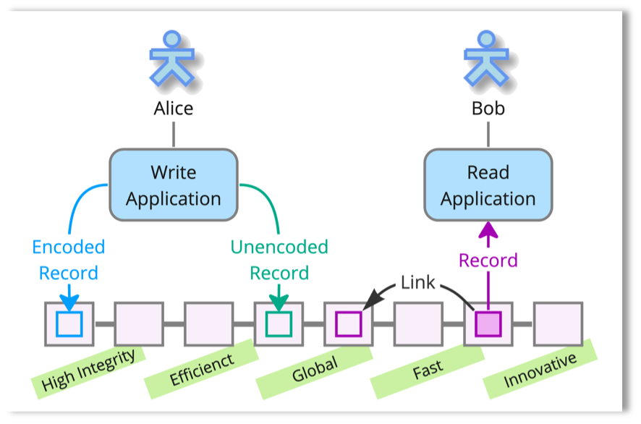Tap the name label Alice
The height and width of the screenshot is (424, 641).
[174, 109]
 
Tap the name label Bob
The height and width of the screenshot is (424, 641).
[488, 109]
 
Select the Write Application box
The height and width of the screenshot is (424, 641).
[174, 185]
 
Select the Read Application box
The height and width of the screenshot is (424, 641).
[488, 185]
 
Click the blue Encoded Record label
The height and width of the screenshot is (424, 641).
[69, 260]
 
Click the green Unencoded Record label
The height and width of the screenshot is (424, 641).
[279, 260]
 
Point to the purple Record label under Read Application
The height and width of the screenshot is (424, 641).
[488, 260]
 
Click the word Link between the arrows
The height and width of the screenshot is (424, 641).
[418, 282]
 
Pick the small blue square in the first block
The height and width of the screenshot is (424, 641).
[69, 323]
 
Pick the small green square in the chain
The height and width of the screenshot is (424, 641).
[279, 323]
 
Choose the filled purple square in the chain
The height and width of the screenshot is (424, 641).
[488, 323]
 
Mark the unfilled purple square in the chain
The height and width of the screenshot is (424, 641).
[348, 323]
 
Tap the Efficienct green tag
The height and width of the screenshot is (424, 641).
[202, 369]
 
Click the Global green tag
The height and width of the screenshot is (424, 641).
[315, 369]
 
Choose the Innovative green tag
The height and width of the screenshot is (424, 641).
[540, 369]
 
